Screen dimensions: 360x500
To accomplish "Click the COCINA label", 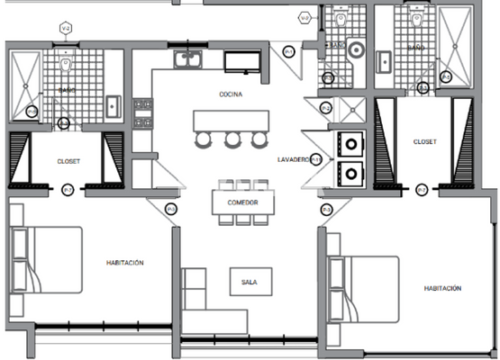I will pos(230,94).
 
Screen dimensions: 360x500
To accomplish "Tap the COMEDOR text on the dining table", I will pos(241,203).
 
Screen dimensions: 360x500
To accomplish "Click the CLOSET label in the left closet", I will pos(68,161).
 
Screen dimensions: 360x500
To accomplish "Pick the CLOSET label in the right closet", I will pos(424,142).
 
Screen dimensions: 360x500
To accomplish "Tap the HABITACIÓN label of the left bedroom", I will pos(123,263).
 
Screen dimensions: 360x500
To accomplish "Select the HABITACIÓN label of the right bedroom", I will pos(442,289).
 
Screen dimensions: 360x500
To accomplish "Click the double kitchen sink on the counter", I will pos(189,60).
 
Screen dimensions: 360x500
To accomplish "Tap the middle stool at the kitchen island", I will pos(232,139).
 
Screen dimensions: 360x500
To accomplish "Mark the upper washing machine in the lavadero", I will pos(350,142).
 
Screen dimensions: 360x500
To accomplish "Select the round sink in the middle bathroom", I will pos(354,50).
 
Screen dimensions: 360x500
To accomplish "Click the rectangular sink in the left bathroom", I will pos(113,105).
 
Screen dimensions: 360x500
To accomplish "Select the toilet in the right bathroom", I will pos(415,19).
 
